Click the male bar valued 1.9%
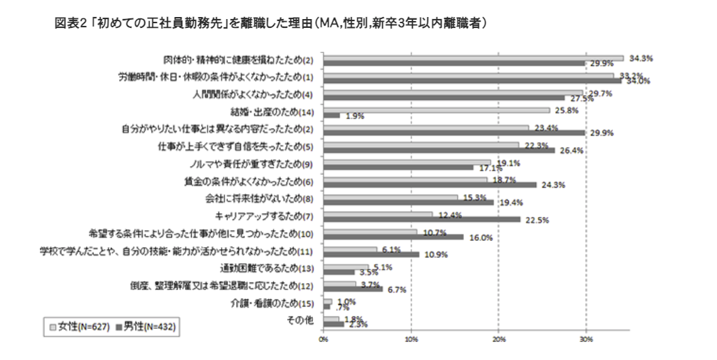click(x=331, y=116)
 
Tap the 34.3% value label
click(x=641, y=59)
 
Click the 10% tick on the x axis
click(x=411, y=338)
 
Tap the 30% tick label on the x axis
click(x=586, y=338)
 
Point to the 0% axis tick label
click(x=323, y=338)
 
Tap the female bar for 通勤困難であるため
click(x=346, y=267)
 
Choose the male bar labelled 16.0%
click(x=393, y=237)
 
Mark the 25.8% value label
click(x=567, y=110)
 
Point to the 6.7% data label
click(x=396, y=289)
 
